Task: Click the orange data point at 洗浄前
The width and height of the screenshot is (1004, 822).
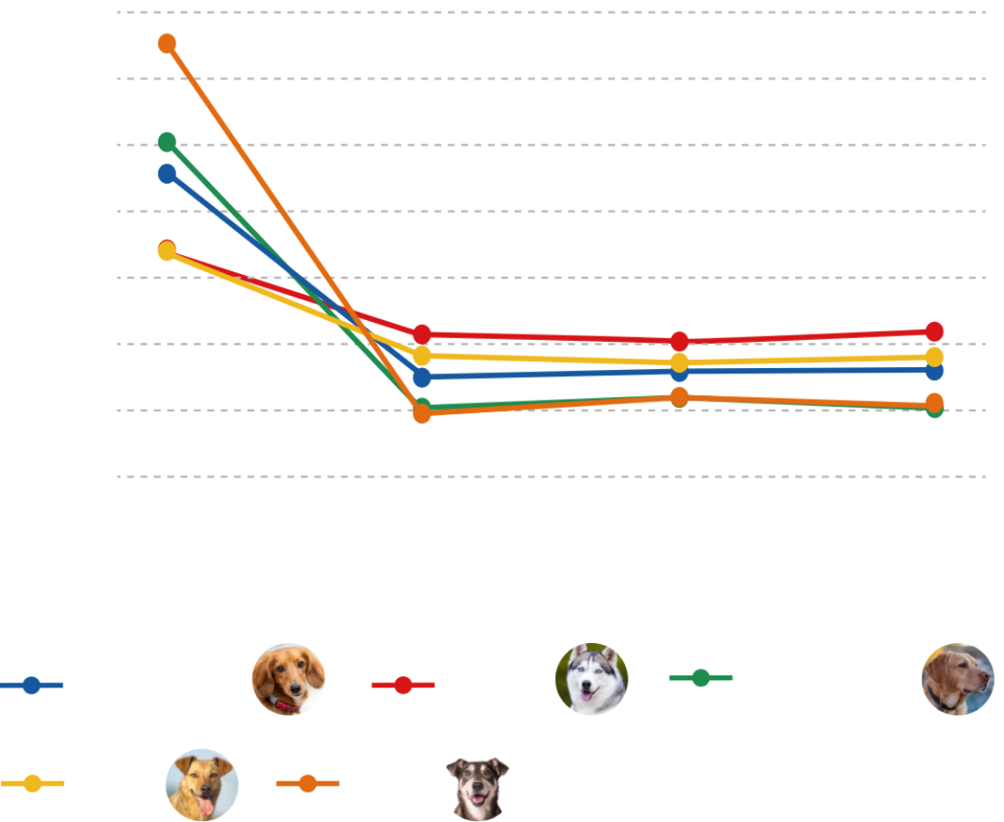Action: click(x=166, y=43)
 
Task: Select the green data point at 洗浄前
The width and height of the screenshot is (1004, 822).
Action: click(x=166, y=142)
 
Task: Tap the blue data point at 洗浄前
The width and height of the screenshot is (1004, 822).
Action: click(x=166, y=173)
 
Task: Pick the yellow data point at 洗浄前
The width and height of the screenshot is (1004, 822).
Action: click(x=167, y=250)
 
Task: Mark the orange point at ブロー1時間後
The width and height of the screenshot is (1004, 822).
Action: click(x=421, y=413)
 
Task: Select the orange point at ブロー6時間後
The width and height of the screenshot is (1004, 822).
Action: click(x=679, y=395)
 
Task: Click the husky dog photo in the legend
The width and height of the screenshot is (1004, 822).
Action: click(x=591, y=679)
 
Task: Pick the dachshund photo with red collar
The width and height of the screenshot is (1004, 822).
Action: click(x=288, y=681)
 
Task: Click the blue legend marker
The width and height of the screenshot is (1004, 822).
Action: click(x=33, y=685)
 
